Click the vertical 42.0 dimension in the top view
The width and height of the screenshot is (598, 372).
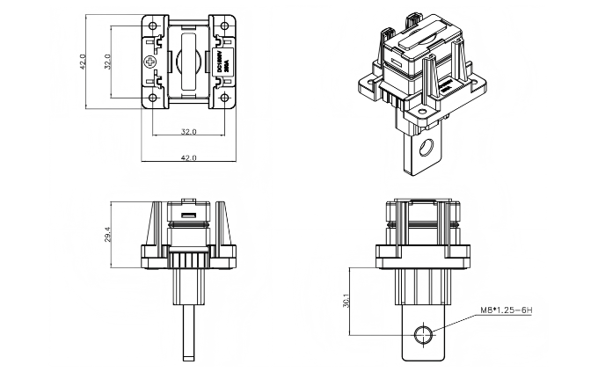click(82, 62)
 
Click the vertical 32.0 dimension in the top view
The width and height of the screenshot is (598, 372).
click(107, 62)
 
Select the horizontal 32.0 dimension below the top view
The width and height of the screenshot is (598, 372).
click(188, 132)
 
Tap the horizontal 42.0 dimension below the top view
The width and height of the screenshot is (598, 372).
click(188, 157)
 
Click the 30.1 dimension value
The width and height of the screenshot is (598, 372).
click(347, 301)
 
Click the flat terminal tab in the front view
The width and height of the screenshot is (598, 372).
click(424, 339)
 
